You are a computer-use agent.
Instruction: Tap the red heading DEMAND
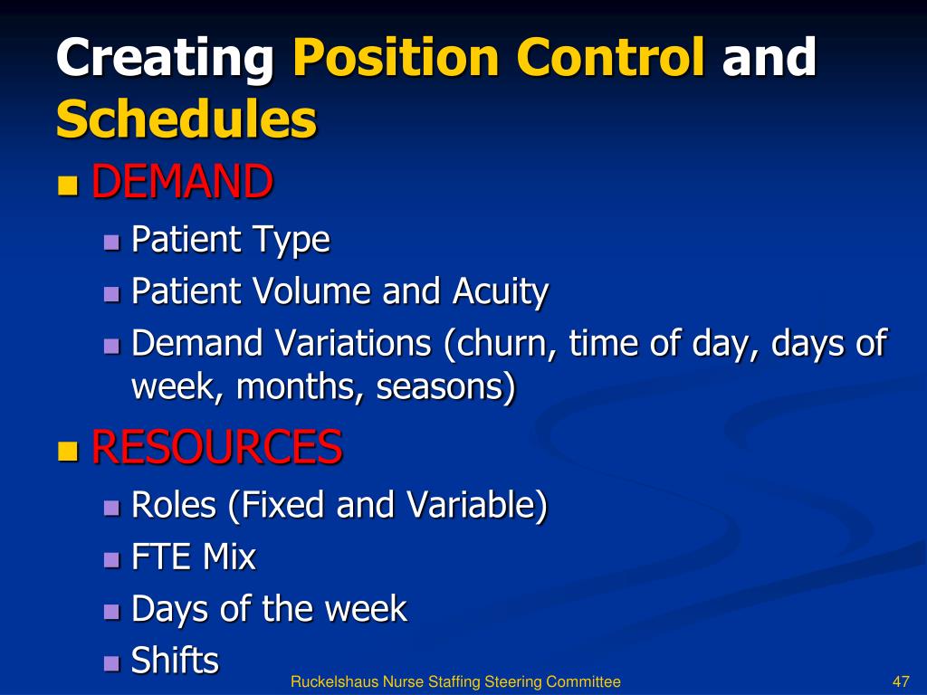(x=182, y=181)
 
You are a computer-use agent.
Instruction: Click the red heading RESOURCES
(x=217, y=446)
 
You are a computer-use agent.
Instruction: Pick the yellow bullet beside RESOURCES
(x=68, y=451)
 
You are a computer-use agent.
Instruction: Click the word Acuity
(x=501, y=292)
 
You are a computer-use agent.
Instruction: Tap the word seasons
(x=441, y=387)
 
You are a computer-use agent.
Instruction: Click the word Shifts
(x=175, y=660)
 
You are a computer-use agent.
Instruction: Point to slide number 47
(x=901, y=681)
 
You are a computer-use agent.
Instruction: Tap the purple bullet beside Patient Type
(x=111, y=243)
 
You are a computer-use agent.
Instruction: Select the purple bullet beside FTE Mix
(x=111, y=559)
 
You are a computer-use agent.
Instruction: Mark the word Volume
(x=312, y=290)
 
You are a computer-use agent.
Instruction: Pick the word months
(x=299, y=387)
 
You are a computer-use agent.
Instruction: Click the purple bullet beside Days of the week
(x=111, y=612)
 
